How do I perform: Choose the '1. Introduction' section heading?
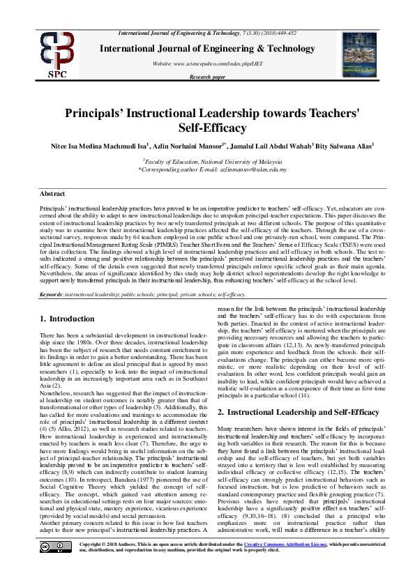click(67, 319)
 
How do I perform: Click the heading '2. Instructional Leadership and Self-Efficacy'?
click(299, 413)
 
